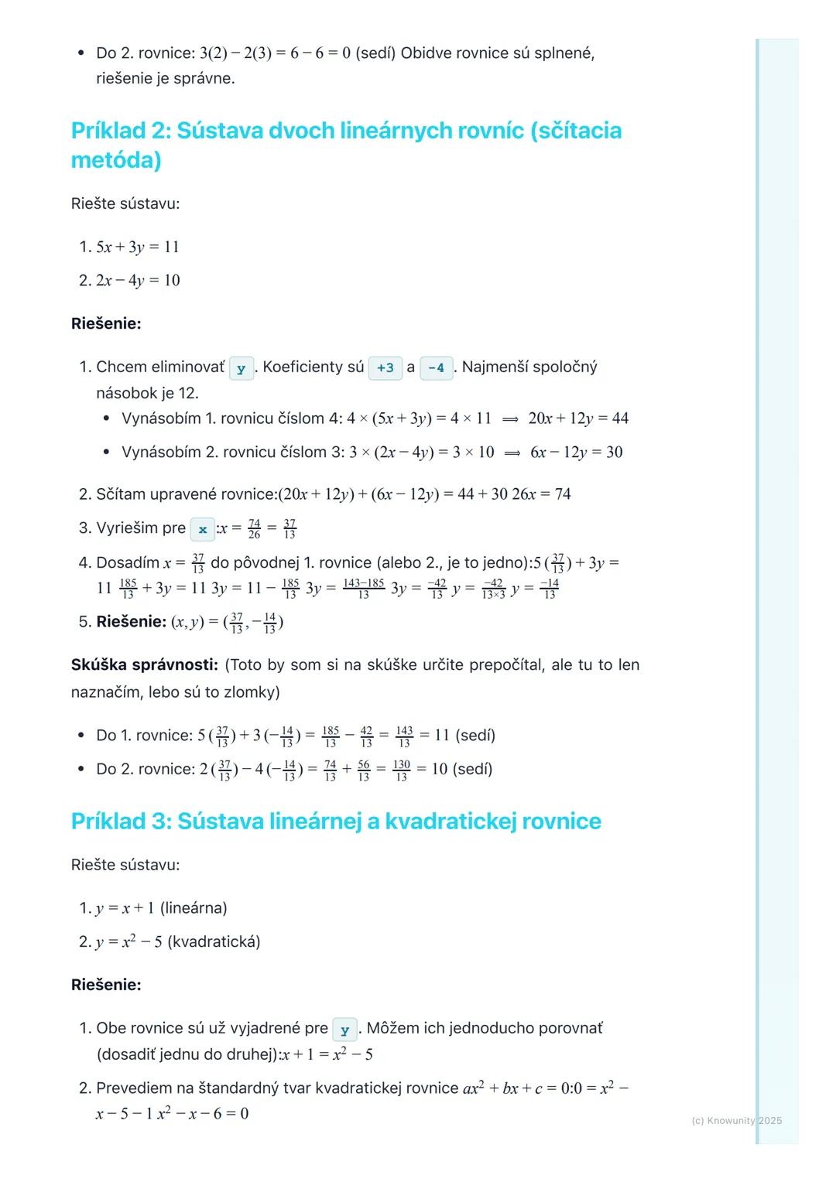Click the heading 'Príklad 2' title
(346, 145)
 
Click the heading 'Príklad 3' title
(336, 821)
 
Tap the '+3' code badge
(385, 368)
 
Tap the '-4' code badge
(436, 368)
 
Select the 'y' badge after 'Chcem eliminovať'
(242, 369)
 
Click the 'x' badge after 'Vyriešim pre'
(203, 530)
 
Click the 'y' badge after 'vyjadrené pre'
(344, 1030)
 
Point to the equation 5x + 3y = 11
(138, 247)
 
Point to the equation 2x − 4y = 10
(138, 280)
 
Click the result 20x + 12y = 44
(578, 418)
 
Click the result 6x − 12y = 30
(576, 453)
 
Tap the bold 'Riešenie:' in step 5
(131, 622)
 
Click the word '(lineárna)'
(194, 908)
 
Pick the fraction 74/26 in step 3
(254, 529)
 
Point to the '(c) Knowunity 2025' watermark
(736, 1120)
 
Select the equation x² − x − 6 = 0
(203, 1114)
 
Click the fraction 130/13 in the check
(401, 770)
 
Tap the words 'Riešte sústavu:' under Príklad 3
(125, 865)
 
